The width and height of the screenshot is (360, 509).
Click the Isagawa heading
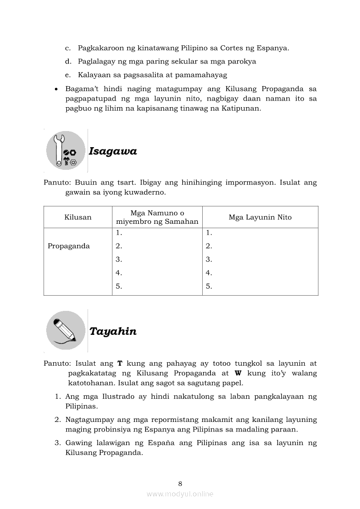113,152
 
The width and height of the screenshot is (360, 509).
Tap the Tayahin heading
113,331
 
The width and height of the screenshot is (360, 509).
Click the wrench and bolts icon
66,150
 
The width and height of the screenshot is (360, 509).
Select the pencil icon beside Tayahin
65,330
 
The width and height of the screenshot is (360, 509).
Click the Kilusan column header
78,217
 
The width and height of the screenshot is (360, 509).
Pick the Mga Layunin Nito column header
260,217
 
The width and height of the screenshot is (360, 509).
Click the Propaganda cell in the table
69,246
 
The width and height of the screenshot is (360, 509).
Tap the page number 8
180,483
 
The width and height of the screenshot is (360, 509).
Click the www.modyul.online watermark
180,494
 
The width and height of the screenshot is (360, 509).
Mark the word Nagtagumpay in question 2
90,420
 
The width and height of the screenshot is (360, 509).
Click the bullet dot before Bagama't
57,89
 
